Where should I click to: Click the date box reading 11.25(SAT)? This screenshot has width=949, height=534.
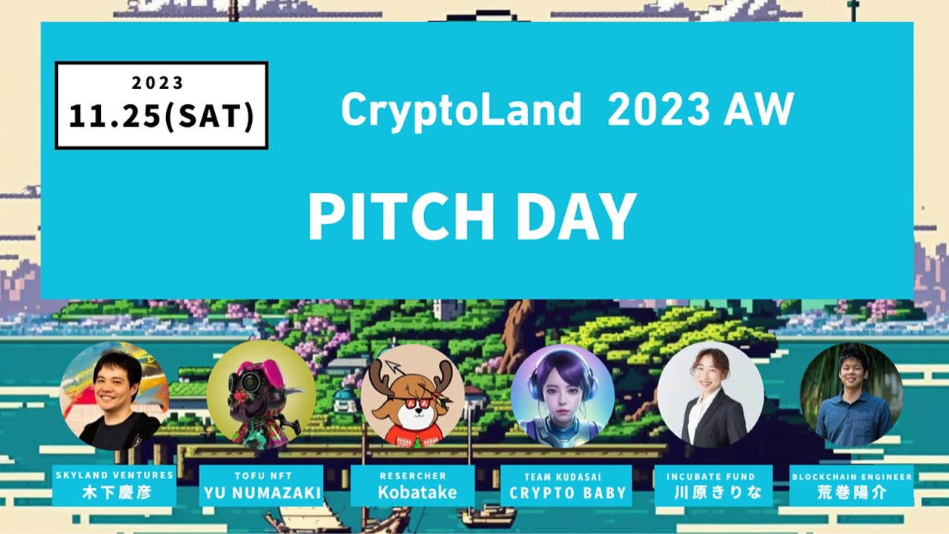162,105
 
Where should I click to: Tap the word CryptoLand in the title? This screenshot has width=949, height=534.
460,111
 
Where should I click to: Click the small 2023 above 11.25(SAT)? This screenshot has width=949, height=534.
158,83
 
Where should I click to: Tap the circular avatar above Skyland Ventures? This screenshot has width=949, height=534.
114,394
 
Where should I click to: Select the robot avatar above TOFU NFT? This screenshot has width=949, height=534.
251,395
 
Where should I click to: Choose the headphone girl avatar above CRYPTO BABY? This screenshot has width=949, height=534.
563,396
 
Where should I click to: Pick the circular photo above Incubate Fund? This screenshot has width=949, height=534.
710,395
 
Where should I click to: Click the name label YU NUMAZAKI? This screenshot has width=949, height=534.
262,492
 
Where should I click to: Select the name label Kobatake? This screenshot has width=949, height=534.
412,492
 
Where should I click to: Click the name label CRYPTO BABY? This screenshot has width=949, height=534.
567,492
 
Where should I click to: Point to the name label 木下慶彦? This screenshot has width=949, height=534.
114,492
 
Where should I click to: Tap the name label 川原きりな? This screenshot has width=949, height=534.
712,492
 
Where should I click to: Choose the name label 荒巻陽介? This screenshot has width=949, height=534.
851,492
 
